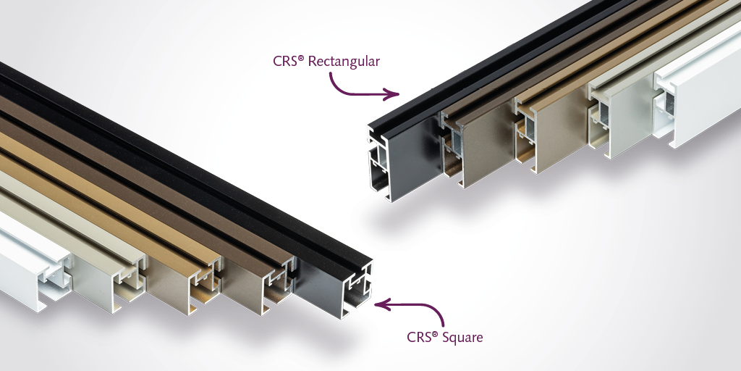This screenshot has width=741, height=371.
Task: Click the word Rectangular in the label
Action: (344, 62)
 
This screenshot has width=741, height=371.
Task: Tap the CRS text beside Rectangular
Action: (285, 62)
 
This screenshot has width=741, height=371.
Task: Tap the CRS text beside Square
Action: (419, 338)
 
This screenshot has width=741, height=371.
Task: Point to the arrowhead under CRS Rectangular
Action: (392, 93)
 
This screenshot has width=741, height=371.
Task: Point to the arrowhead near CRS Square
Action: (382, 304)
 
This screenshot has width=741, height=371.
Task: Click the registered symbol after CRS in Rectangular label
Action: (301, 58)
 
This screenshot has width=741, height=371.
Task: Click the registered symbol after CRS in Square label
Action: (435, 334)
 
